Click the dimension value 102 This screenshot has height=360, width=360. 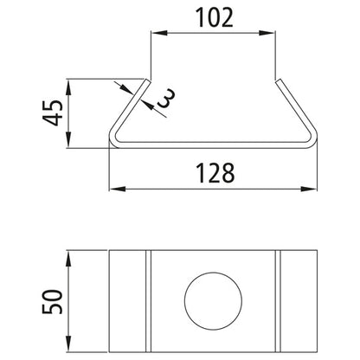tap(215, 16)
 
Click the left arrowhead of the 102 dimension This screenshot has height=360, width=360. tap(156, 35)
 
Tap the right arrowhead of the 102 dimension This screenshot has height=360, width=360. tap(274, 35)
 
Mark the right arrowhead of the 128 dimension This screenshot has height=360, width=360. tap(314, 189)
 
